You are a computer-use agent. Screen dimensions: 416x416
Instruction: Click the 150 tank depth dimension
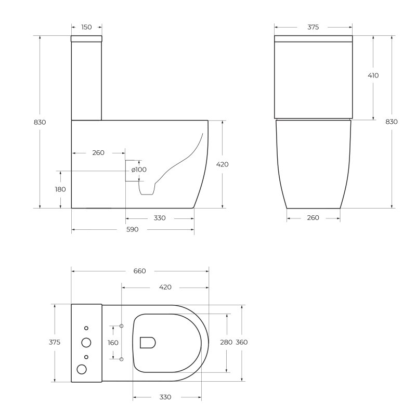coord(86,27)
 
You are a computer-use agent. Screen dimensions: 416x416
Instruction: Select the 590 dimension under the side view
coord(133,229)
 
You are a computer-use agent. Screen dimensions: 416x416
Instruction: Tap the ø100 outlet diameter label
coord(139,170)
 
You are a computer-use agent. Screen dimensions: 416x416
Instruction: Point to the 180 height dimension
coord(60,189)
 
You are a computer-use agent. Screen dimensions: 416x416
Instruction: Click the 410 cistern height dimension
coord(373,75)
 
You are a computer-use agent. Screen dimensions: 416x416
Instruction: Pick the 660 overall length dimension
coord(139,271)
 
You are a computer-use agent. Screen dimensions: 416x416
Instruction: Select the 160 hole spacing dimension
coord(113,343)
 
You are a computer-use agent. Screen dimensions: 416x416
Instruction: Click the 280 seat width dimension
coord(226,342)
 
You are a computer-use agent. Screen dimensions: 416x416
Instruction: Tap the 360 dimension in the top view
coord(242,342)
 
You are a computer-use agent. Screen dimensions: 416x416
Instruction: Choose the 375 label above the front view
coord(313,27)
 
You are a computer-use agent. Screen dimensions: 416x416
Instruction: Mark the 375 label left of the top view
coord(55,342)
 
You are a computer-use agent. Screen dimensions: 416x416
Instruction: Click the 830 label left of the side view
coord(40,122)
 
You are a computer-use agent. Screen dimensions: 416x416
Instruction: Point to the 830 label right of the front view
coord(392,122)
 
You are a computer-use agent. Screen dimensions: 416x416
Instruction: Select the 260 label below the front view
coord(313,218)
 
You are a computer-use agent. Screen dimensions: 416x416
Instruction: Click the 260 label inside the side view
coord(98,153)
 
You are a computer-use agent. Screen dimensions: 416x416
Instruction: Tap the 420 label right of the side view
coord(222,164)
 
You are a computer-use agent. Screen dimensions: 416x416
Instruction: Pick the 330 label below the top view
coord(165,397)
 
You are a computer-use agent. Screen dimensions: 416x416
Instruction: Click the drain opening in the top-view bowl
coord(148,342)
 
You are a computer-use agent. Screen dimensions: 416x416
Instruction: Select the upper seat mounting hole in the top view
coord(121,326)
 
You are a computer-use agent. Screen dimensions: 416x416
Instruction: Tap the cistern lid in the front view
coord(313,38)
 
